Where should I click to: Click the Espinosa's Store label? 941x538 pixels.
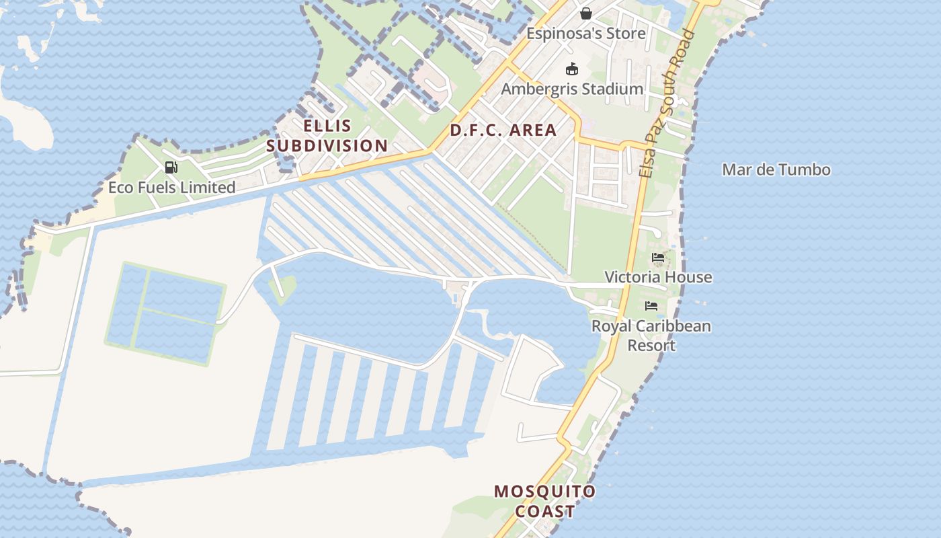click(x=585, y=34)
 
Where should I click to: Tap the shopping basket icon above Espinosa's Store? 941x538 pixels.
click(x=586, y=13)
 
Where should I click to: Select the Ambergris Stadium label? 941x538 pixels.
click(x=572, y=89)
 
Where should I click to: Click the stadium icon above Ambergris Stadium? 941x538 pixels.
click(x=572, y=69)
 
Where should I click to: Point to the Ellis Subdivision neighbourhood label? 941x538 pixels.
click(x=327, y=135)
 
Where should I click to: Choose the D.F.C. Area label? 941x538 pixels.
click(x=503, y=130)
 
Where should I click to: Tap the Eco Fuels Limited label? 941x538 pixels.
click(x=172, y=188)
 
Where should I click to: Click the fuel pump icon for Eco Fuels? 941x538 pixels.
click(x=171, y=167)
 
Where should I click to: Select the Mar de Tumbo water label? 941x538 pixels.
click(x=776, y=169)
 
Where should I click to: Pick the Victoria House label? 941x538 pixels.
click(x=658, y=277)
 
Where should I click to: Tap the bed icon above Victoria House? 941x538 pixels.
click(x=658, y=258)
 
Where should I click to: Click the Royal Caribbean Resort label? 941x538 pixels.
click(x=651, y=336)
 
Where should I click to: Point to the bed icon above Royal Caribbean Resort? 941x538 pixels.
click(x=651, y=306)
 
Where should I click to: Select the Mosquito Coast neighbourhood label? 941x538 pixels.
click(x=545, y=501)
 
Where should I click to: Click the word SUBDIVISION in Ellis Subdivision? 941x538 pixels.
click(x=327, y=145)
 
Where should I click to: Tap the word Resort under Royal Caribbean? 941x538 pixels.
click(x=651, y=346)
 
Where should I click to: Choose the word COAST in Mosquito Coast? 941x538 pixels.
click(x=545, y=511)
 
